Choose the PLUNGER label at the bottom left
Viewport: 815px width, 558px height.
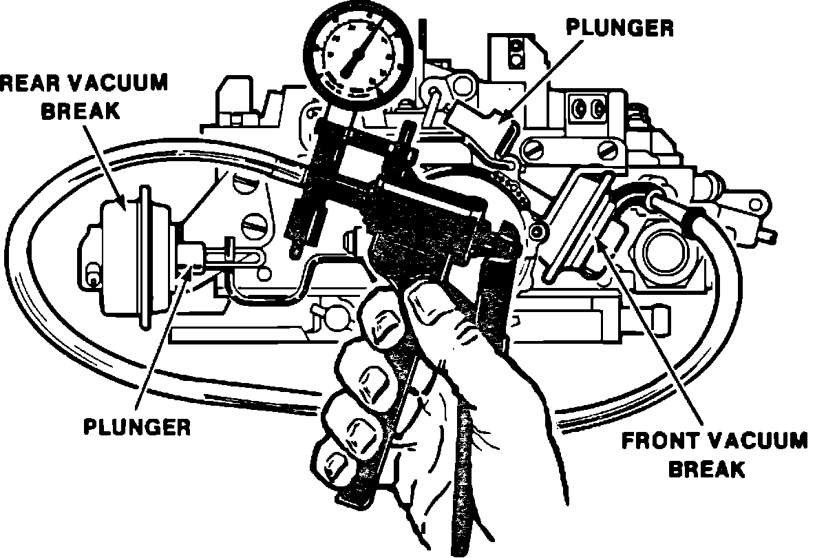pos(137,426)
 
